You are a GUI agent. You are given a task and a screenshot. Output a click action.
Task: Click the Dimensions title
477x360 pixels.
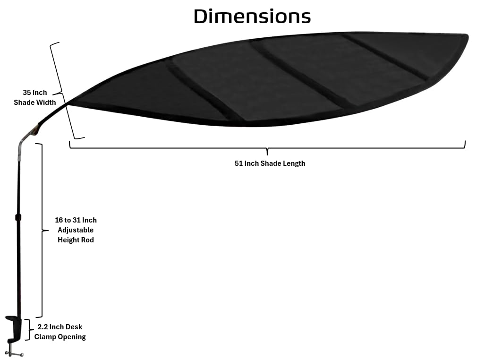coord(252,17)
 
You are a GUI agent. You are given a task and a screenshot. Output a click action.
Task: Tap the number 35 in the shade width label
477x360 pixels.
coord(26,93)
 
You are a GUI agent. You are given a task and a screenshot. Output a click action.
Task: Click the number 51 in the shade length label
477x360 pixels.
coord(239,163)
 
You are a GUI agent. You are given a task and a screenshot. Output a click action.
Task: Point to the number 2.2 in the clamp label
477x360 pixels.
coord(43,327)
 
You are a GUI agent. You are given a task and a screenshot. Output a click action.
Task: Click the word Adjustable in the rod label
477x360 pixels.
coord(76,230)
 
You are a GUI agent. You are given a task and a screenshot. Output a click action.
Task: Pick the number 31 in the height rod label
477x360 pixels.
coord(76,220)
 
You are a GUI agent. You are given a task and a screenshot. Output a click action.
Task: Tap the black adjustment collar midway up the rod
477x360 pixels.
coord(18,218)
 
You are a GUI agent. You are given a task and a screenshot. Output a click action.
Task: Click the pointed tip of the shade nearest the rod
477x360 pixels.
coord(68,104)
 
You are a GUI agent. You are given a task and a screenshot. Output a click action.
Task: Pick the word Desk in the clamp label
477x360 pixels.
coord(74,327)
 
